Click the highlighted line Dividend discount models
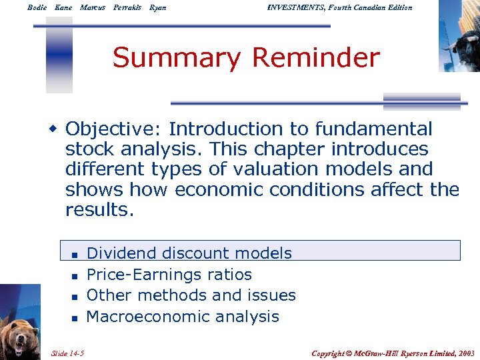(189, 253)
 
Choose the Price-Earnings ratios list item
(169, 275)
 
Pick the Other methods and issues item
(191, 295)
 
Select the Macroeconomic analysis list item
(183, 317)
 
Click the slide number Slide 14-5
(72, 353)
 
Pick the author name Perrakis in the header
(127, 7)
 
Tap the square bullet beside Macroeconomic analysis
(75, 318)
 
